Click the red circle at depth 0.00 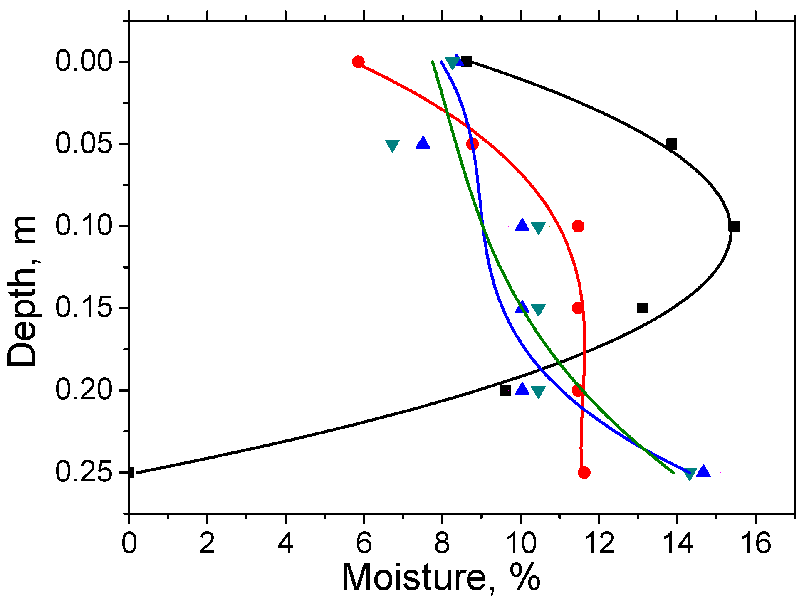coord(358,62)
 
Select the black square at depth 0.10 coord(734,226)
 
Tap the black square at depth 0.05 coord(671,144)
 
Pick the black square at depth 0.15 coord(643,308)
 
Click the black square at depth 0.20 coord(505,390)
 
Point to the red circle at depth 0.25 coord(584,472)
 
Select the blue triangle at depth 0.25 coord(703,471)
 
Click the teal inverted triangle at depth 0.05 coord(392,146)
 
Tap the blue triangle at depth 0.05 coord(423,143)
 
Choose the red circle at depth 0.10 coord(578,226)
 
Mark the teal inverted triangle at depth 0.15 coord(538,310)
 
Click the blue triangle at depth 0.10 coord(522,225)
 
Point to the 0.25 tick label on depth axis coord(84,472)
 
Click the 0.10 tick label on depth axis coord(84,226)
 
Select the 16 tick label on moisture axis coord(756,543)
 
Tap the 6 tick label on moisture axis coord(364,543)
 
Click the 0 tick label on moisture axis coord(129,543)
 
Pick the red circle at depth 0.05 coord(472,144)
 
